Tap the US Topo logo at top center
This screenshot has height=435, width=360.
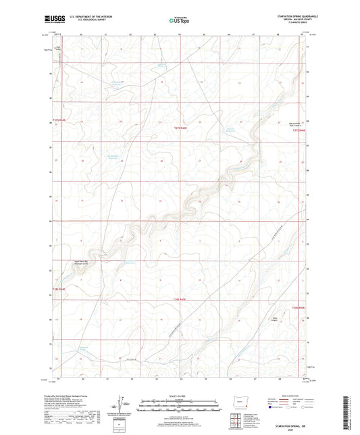click(179, 20)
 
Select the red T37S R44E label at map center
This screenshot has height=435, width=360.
click(177, 126)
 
